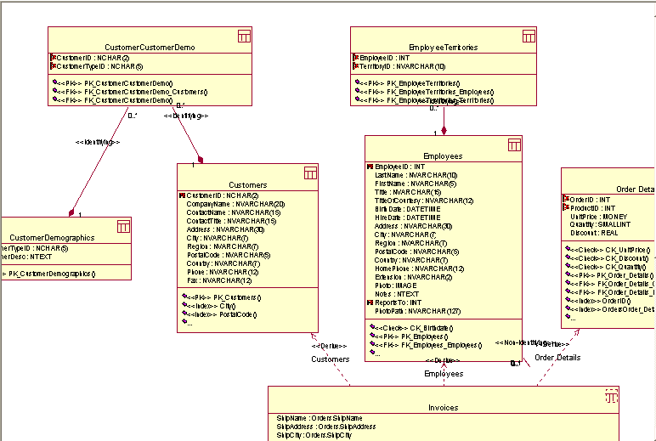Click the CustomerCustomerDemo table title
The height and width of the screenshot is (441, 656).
[150, 48]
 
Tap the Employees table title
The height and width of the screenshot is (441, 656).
[443, 156]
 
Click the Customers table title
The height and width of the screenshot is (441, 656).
[247, 184]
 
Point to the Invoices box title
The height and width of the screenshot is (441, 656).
[443, 407]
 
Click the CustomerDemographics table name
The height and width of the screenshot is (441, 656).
[52, 238]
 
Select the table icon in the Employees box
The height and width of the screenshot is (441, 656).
[514, 144]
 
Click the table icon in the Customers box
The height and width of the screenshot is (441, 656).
[310, 172]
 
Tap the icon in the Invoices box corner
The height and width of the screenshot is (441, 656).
[611, 395]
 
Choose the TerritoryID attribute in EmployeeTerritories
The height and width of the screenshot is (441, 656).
[403, 65]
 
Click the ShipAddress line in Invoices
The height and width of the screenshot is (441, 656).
[313, 427]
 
